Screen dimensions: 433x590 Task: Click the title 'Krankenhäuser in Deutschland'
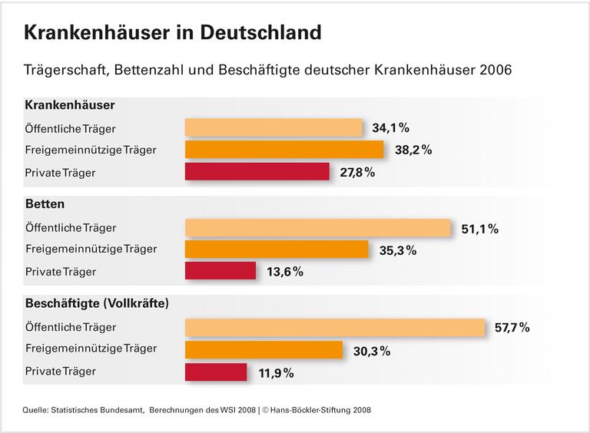[x=173, y=32]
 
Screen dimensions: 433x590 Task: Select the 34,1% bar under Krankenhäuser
[x=273, y=127]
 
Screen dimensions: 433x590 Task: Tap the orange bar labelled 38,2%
[x=284, y=150]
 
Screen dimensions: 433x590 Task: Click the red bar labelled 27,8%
[x=257, y=172]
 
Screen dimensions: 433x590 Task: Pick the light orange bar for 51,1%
[x=318, y=228]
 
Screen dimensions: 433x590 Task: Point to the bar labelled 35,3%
[x=277, y=250]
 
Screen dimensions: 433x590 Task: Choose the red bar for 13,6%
[x=220, y=271]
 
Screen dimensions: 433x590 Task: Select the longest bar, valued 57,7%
[x=335, y=327]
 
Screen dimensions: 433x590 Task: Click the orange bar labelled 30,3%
[x=264, y=350]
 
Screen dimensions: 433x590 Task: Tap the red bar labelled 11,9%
[x=216, y=372]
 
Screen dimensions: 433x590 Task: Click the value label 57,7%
[x=512, y=328]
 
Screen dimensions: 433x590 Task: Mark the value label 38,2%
[x=413, y=150]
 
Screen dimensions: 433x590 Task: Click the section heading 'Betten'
[x=45, y=204]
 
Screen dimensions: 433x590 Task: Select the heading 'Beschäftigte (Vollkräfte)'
[x=97, y=303]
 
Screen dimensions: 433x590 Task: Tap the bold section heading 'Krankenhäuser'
[x=70, y=105]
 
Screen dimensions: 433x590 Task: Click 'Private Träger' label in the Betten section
[x=61, y=271]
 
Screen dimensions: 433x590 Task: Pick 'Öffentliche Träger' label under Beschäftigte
[x=71, y=327]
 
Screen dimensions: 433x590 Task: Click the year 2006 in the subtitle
[x=495, y=70]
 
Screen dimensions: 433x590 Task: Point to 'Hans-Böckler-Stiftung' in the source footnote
[x=303, y=410]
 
